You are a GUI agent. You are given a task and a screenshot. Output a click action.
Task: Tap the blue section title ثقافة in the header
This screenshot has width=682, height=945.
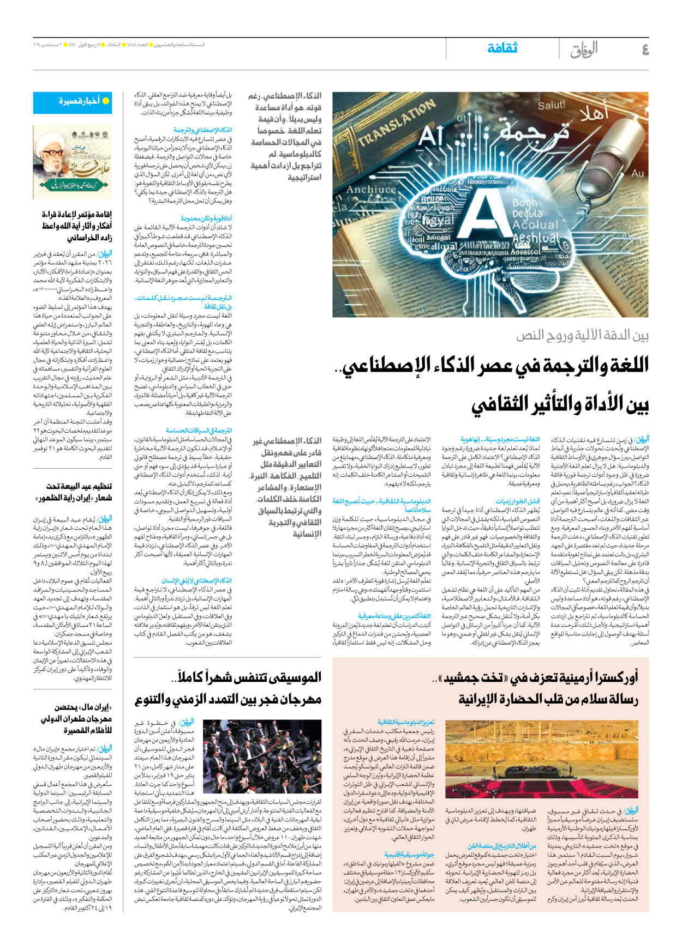502,49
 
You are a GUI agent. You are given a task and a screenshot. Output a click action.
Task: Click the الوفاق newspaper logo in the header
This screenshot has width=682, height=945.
584,50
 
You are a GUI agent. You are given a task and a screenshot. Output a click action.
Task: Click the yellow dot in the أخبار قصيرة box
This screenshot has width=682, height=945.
106,101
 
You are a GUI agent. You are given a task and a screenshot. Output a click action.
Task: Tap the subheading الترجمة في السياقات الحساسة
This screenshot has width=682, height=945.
199,430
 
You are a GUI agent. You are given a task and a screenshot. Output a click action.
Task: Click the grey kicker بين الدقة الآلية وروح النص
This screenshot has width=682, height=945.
582,335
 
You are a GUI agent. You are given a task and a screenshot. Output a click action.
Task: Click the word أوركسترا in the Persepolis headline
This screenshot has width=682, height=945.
614,678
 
